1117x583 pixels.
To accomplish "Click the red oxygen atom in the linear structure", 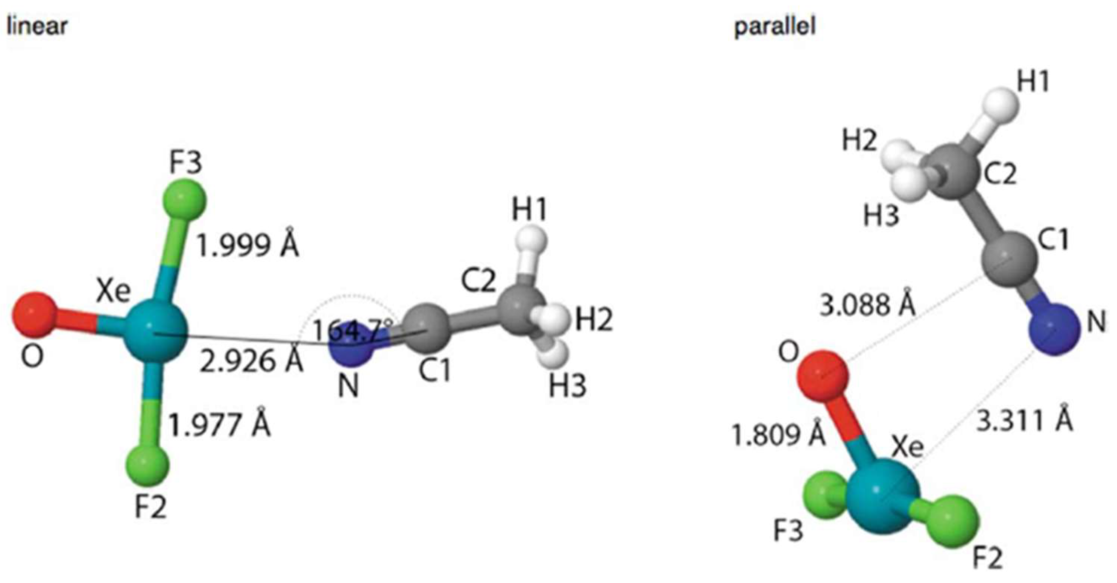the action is click(x=33, y=315).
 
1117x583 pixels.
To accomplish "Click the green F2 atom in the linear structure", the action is click(x=147, y=464).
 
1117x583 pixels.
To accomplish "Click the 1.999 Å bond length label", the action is click(x=248, y=245).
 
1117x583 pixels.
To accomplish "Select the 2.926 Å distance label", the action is click(x=251, y=361).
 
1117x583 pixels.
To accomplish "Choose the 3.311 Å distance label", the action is click(x=1024, y=421).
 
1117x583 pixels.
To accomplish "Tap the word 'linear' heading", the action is click(x=37, y=26).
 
